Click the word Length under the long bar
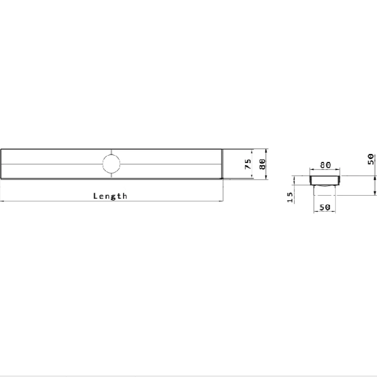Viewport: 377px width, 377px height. coord(110,196)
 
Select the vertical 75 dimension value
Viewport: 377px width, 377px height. coord(248,164)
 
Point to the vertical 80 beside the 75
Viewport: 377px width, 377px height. coord(263,164)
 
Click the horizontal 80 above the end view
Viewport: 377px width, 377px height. coord(326,165)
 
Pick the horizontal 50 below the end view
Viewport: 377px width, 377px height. coord(324,207)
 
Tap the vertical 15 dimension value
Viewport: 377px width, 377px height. coord(290,197)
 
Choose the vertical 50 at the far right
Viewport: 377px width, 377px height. coord(371,159)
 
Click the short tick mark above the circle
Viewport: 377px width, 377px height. coord(111,152)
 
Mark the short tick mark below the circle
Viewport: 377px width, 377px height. coord(111,176)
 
